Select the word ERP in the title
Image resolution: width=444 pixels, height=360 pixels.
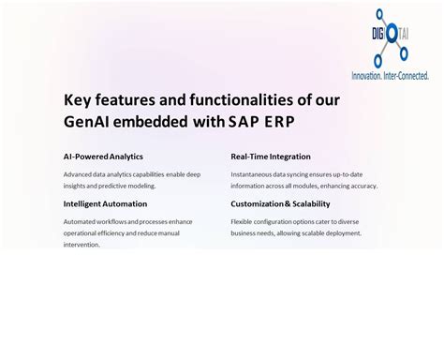(x=287, y=121)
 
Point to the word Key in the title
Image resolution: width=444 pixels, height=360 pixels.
(x=79, y=98)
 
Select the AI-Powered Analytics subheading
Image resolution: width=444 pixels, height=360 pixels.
(x=103, y=157)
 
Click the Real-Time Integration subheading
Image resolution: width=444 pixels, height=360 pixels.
(x=271, y=157)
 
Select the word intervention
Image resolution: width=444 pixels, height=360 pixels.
(x=81, y=244)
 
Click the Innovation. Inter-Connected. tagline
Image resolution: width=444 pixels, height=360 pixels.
(x=390, y=73)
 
